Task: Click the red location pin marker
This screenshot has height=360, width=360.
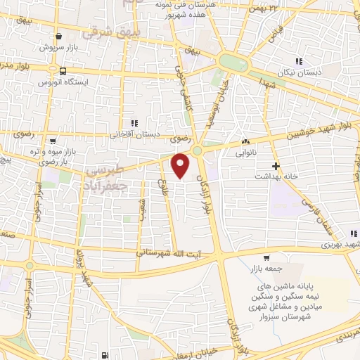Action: [x=181, y=166]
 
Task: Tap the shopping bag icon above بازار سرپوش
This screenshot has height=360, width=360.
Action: [x=57, y=39]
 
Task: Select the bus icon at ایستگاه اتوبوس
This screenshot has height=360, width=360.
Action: [x=64, y=71]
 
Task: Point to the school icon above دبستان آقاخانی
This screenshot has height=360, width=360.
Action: [x=126, y=124]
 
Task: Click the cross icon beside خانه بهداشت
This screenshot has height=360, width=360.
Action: [x=276, y=167]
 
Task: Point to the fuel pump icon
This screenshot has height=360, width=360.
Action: [x=105, y=356]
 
